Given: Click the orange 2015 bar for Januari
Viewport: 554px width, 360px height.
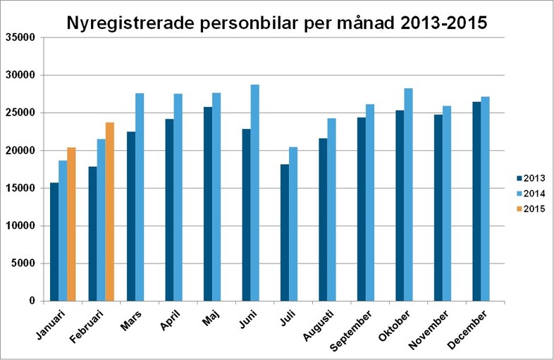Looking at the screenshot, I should [71, 224].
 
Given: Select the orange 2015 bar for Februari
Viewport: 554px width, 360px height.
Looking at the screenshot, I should [109, 211].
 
